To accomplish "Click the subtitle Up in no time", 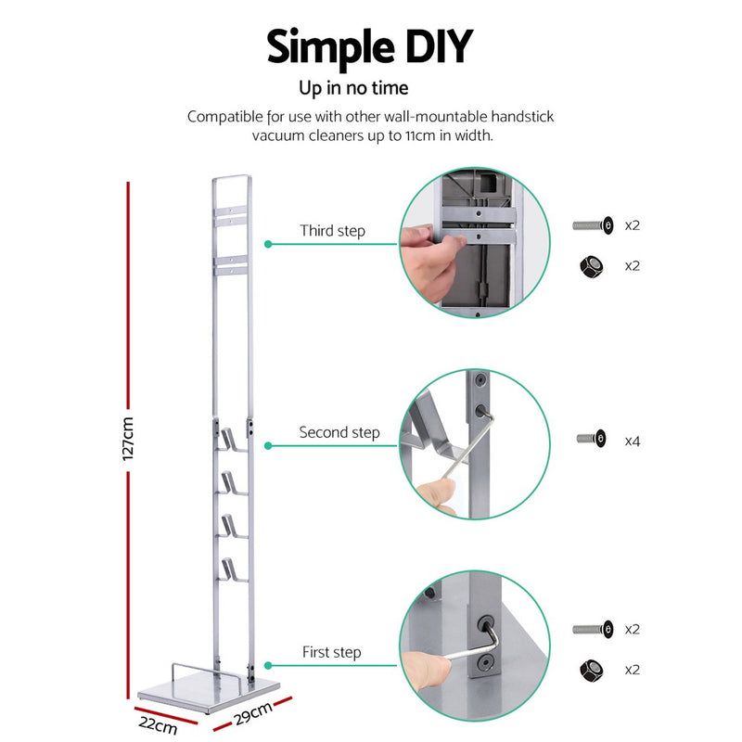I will click(353, 89).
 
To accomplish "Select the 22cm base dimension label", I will click(159, 723).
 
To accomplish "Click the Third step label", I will click(332, 231).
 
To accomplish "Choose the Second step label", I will click(339, 433).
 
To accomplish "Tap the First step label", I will click(331, 652).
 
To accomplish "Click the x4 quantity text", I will click(633, 441).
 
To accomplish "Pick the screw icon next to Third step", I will click(593, 224).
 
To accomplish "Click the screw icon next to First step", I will click(593, 629).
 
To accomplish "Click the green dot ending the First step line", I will click(268, 665).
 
